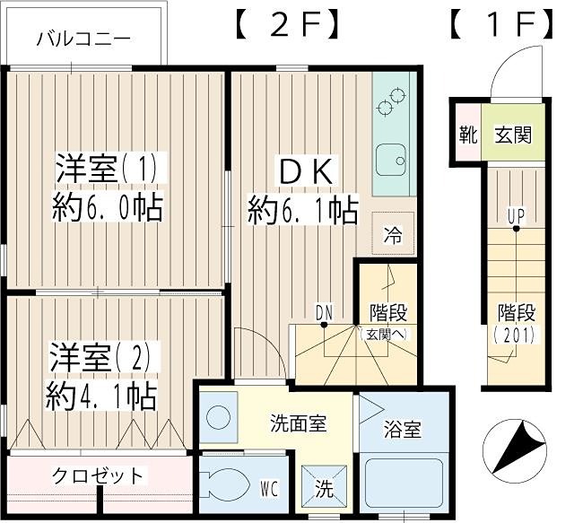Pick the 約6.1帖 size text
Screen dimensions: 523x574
pos(303,211)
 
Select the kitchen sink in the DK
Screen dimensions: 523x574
pos(390,161)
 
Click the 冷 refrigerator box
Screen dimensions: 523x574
pos(393,235)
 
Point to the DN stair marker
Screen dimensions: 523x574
pos(324,312)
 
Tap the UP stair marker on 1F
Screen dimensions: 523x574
pos(516,215)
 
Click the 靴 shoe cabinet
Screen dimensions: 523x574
pos(467,136)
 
